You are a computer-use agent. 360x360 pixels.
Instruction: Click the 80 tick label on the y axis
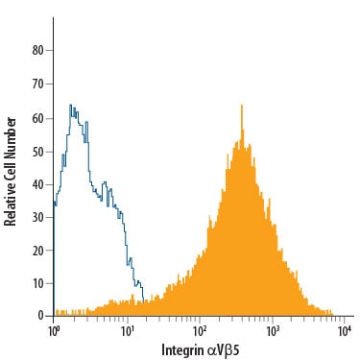click(37, 50)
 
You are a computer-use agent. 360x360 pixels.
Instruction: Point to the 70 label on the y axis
click(37, 84)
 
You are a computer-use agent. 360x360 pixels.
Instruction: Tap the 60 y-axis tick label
click(37, 118)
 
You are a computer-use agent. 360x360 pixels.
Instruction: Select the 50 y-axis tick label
click(37, 152)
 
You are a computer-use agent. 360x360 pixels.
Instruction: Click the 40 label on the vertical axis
click(37, 184)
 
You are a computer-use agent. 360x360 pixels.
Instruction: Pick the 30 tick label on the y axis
click(37, 218)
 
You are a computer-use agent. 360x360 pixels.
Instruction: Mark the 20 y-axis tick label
click(37, 250)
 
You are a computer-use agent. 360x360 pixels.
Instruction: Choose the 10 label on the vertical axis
click(37, 283)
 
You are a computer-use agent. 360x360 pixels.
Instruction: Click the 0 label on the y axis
click(40, 316)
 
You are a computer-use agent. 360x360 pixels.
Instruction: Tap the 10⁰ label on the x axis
click(53, 331)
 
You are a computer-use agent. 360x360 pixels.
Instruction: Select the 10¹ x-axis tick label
click(127, 331)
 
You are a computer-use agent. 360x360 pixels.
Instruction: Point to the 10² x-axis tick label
click(199, 331)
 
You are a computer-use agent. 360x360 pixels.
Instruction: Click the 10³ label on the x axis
click(272, 331)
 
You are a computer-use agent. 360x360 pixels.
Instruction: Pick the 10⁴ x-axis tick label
click(344, 331)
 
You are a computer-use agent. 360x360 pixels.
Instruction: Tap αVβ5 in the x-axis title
click(224, 350)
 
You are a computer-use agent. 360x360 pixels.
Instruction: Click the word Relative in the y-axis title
click(11, 204)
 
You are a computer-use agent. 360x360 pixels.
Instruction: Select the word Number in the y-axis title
click(11, 137)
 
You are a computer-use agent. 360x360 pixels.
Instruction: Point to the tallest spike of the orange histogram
click(242, 105)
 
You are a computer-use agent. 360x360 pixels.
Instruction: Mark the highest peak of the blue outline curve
click(70, 106)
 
